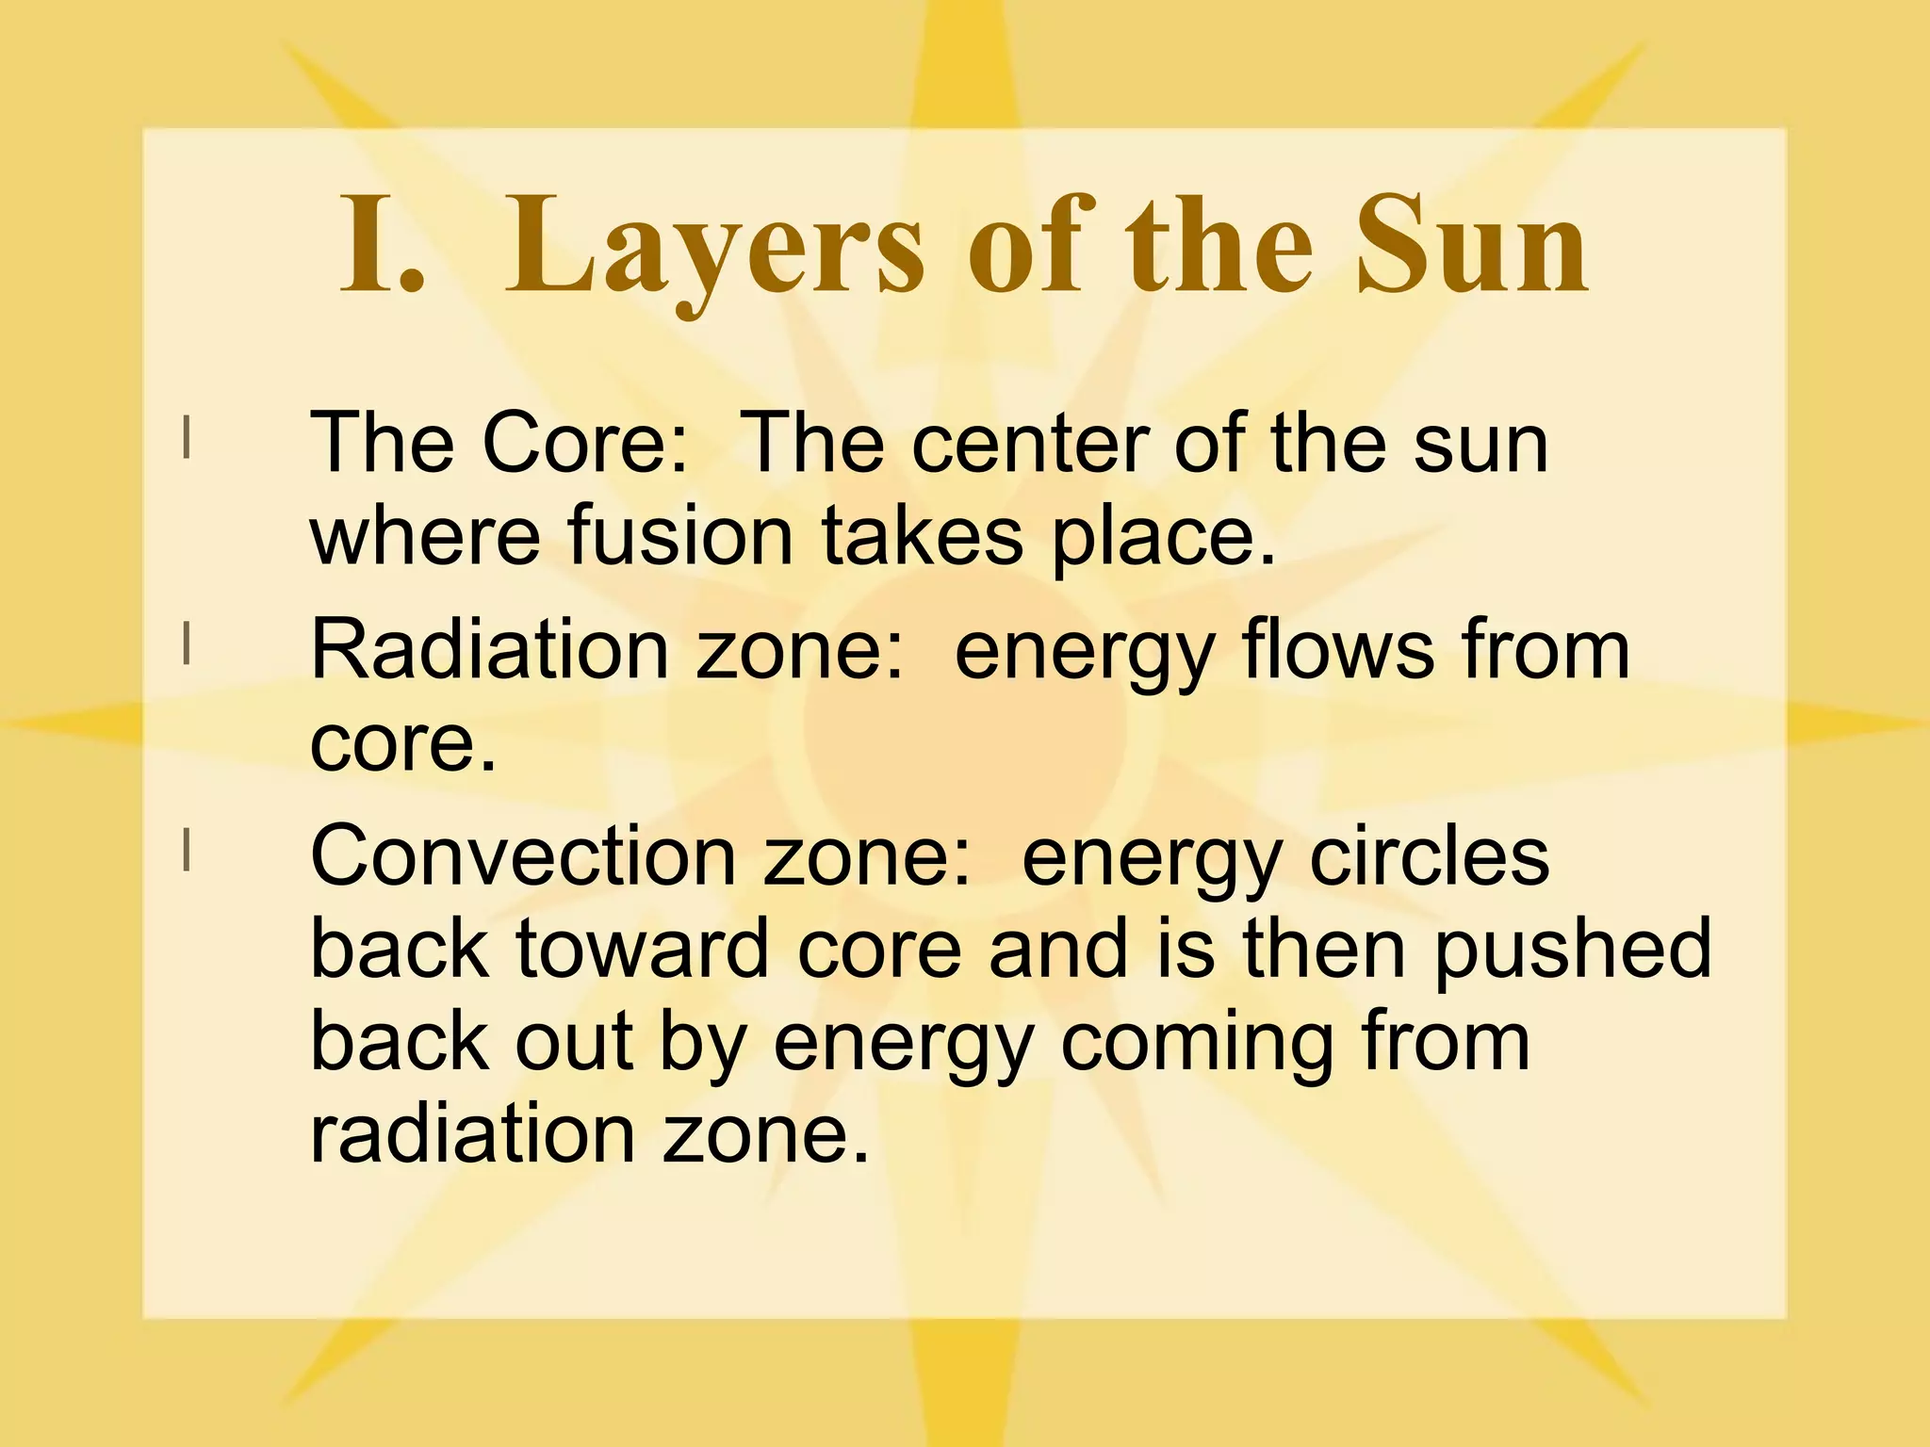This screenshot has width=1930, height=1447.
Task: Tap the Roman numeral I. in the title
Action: (381, 247)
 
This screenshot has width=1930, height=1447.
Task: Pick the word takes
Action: (922, 537)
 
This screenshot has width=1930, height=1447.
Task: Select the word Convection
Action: (522, 855)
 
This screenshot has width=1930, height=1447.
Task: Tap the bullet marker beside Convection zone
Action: (188, 850)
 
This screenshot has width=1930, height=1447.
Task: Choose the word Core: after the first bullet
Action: (585, 445)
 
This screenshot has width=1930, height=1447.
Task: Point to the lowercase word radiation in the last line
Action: (472, 1134)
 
